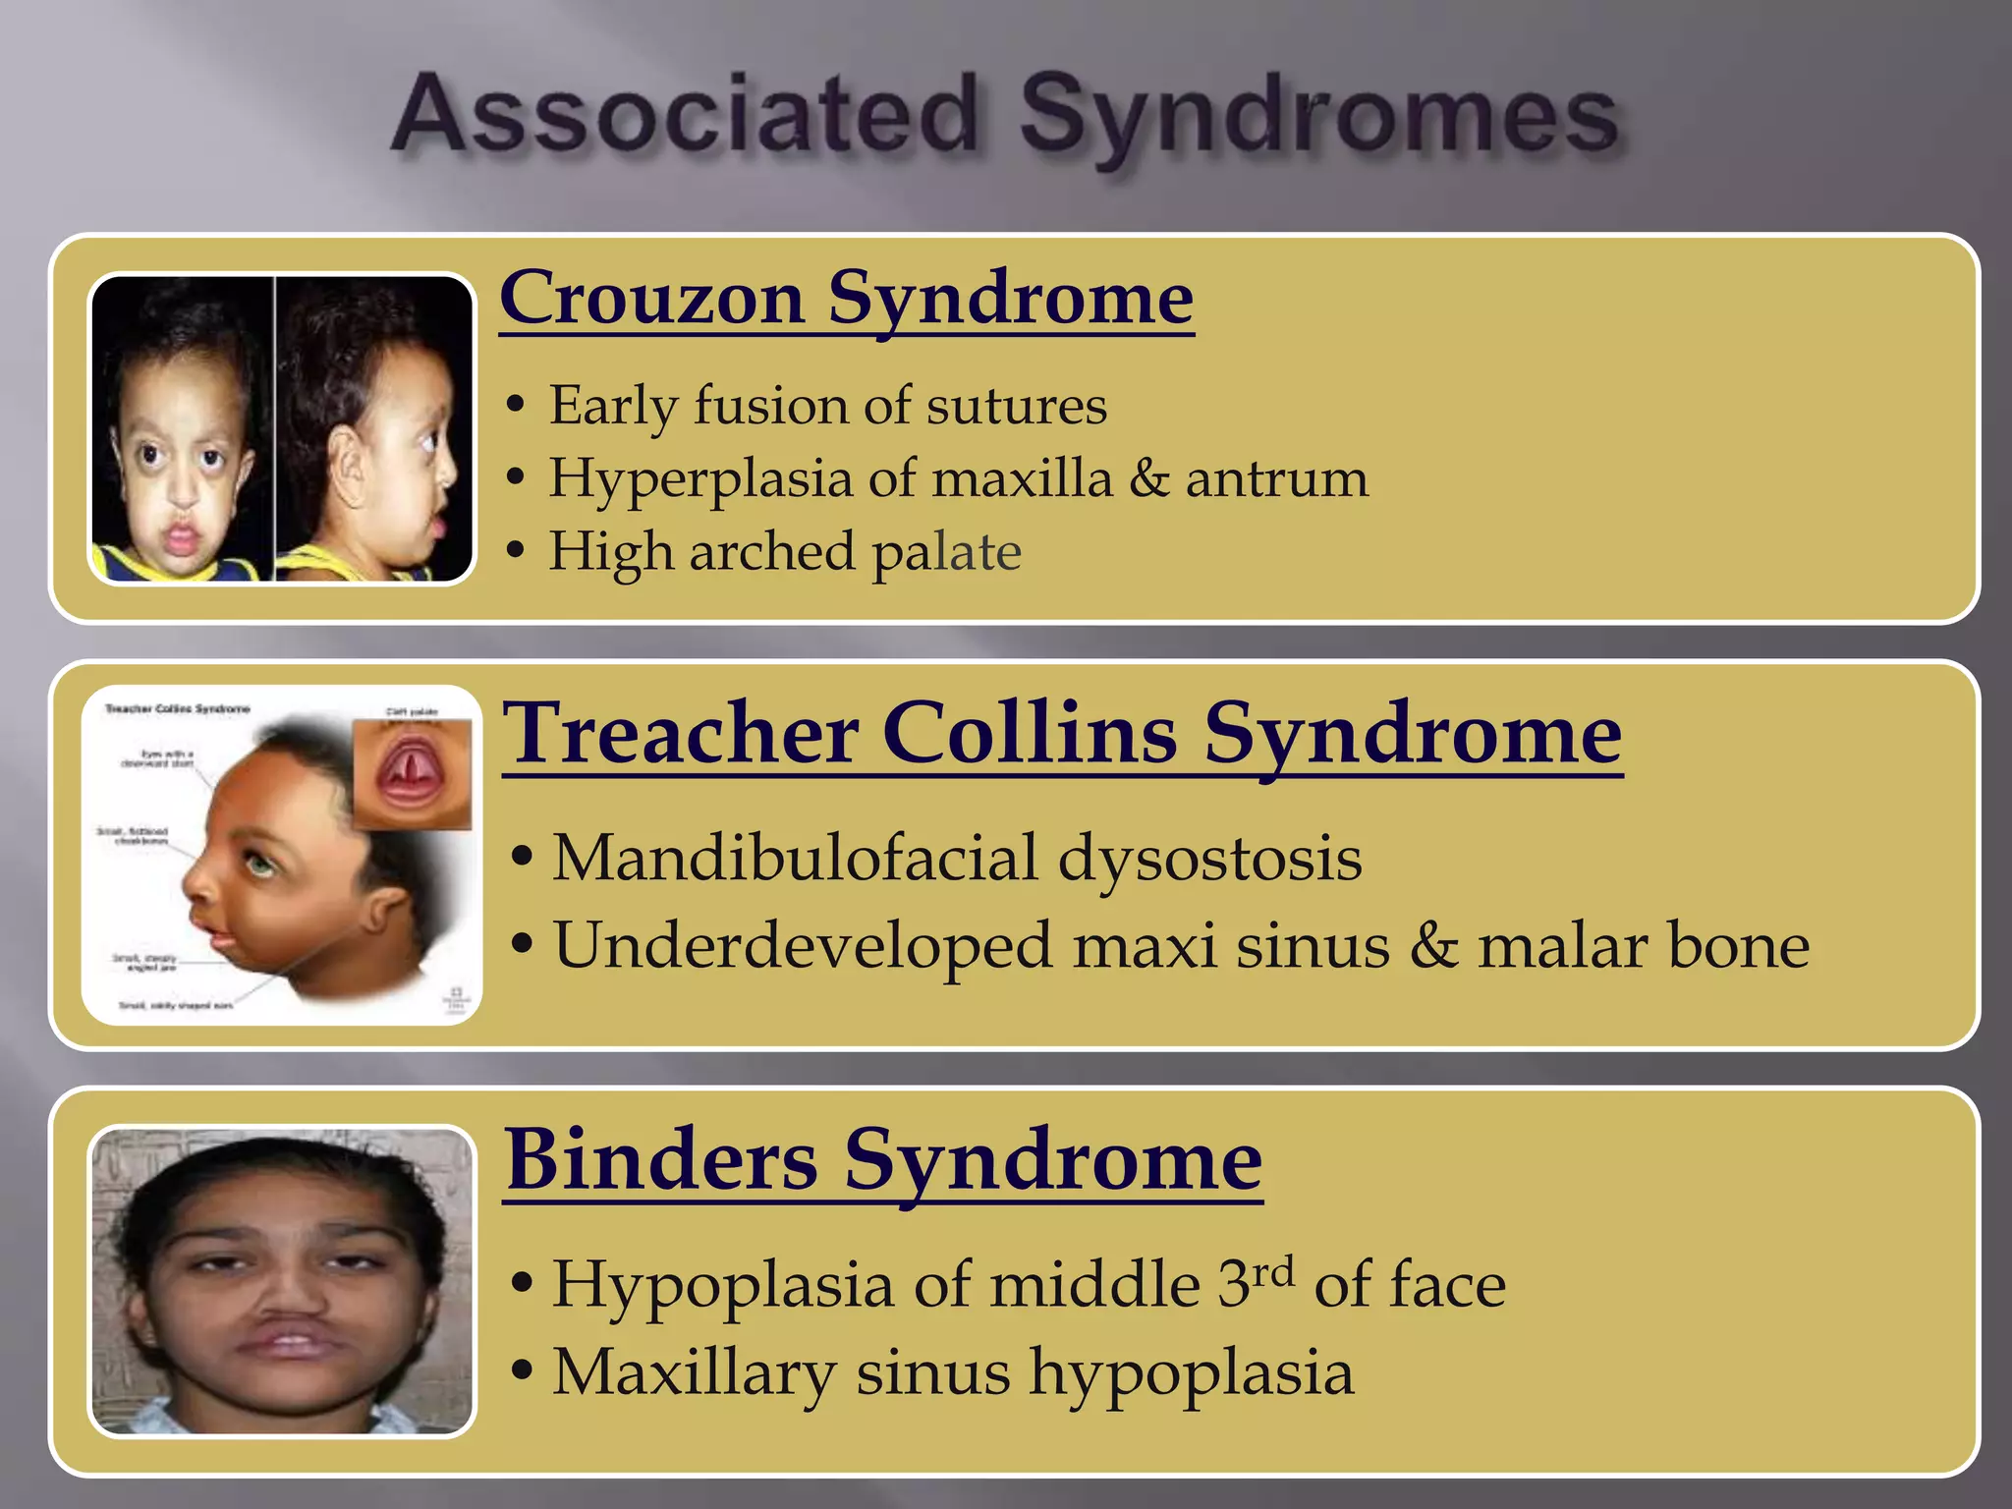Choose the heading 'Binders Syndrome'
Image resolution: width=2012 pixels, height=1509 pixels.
pyautogui.click(x=883, y=1160)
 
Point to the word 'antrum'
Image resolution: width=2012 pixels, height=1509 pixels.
pyautogui.click(x=1276, y=479)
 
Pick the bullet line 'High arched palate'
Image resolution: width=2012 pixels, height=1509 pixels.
pyautogui.click(x=784, y=551)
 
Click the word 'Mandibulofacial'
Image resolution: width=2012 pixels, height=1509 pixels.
pyautogui.click(x=795, y=858)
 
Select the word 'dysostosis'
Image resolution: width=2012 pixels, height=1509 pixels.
pyautogui.click(x=1209, y=858)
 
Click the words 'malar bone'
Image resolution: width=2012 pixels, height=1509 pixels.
pyautogui.click(x=1643, y=946)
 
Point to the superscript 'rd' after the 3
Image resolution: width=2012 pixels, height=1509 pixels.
pyautogui.click(x=1273, y=1271)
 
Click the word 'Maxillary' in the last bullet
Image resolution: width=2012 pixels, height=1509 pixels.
pyautogui.click(x=693, y=1371)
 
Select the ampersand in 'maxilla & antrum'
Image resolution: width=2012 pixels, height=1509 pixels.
pyautogui.click(x=1148, y=479)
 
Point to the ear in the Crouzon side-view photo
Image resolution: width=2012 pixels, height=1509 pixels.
pyautogui.click(x=347, y=468)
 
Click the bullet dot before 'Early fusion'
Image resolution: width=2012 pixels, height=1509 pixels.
pyautogui.click(x=515, y=406)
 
